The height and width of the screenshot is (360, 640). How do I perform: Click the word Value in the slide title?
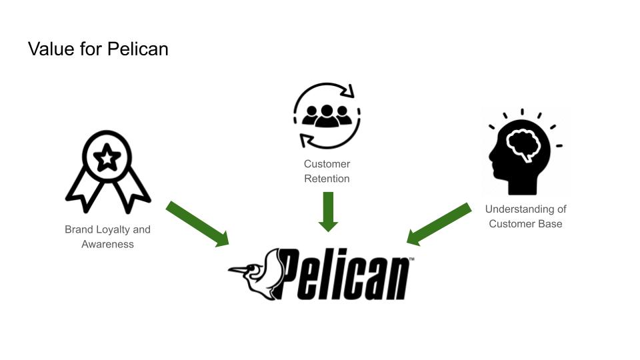click(49, 49)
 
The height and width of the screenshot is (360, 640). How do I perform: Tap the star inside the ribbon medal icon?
click(108, 159)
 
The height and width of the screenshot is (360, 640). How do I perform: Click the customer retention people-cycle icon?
click(327, 115)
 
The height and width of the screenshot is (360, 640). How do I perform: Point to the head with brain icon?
click(523, 150)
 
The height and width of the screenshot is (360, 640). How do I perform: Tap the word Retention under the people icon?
click(327, 179)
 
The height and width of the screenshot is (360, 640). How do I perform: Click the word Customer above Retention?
click(327, 164)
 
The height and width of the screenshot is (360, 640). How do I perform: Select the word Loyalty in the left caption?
click(113, 229)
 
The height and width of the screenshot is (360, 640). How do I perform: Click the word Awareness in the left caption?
click(108, 244)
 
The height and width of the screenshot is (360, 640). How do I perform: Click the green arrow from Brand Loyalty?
click(197, 223)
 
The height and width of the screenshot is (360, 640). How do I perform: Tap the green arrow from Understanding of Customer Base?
click(440, 223)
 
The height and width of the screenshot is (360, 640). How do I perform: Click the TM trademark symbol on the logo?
click(411, 259)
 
